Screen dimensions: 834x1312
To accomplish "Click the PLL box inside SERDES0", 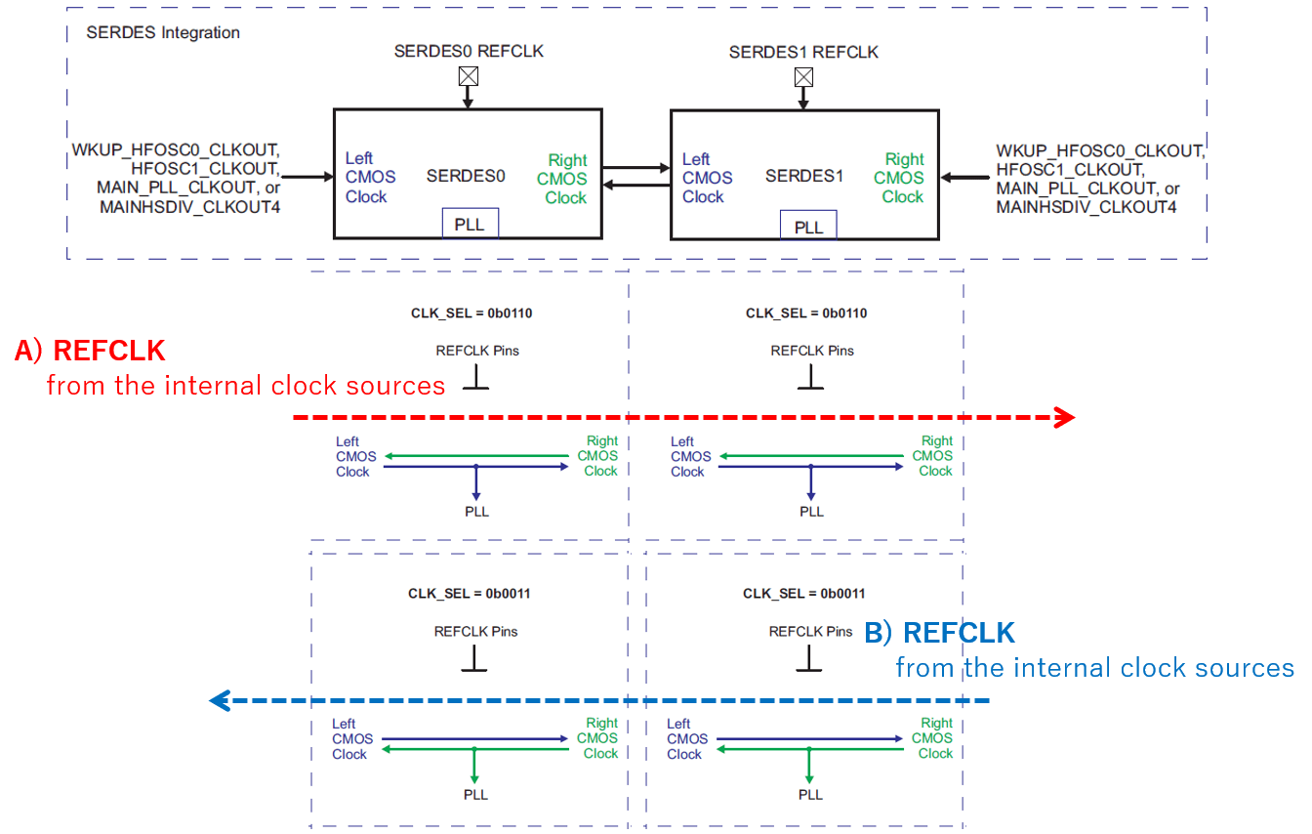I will [470, 224].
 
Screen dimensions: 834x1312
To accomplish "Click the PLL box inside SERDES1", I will [808, 227].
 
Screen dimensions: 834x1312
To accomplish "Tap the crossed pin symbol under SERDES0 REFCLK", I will [469, 76].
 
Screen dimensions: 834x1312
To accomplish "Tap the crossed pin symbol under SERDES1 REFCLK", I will [803, 77].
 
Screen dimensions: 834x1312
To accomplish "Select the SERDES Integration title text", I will [163, 32].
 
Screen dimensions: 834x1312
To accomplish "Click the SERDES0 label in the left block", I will [466, 177].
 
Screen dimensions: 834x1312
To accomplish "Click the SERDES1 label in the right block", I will [804, 177].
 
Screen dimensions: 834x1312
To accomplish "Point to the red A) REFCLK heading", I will [90, 351].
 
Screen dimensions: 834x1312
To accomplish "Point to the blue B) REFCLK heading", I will [939, 633].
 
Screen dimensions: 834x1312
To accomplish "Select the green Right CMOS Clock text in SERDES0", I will [563, 179].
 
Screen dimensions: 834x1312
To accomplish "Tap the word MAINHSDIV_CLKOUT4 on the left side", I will [190, 206].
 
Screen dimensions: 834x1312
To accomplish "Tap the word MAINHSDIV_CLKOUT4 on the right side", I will [1086, 207].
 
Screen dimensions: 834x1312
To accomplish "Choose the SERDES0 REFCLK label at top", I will [469, 51].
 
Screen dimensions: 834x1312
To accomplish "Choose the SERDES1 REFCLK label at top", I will [803, 52].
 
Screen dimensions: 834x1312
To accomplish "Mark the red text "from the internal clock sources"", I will [246, 386].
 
